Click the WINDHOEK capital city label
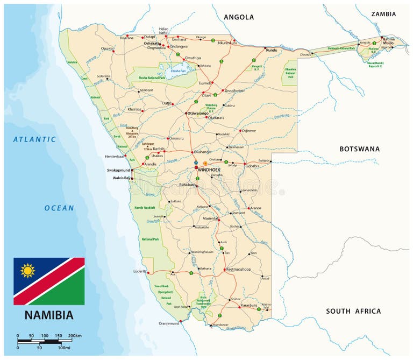click(209, 170)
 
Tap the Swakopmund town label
click(119, 170)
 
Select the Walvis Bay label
click(121, 178)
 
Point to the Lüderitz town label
click(139, 271)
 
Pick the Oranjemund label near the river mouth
click(168, 323)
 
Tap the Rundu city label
click(271, 51)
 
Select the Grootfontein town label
click(234, 90)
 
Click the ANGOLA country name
click(239, 17)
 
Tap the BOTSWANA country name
click(359, 149)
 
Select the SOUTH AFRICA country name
click(353, 311)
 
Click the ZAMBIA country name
click(383, 14)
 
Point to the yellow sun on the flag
click(27, 270)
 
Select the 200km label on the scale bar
click(75, 336)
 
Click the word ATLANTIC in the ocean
click(34, 139)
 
